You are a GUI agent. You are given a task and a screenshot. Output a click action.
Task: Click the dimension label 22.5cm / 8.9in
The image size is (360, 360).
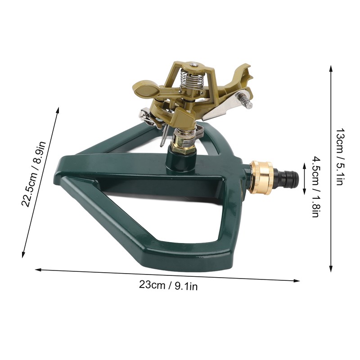tap(33, 174)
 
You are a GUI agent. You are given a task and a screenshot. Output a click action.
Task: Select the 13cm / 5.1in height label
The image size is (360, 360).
tap(341, 157)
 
